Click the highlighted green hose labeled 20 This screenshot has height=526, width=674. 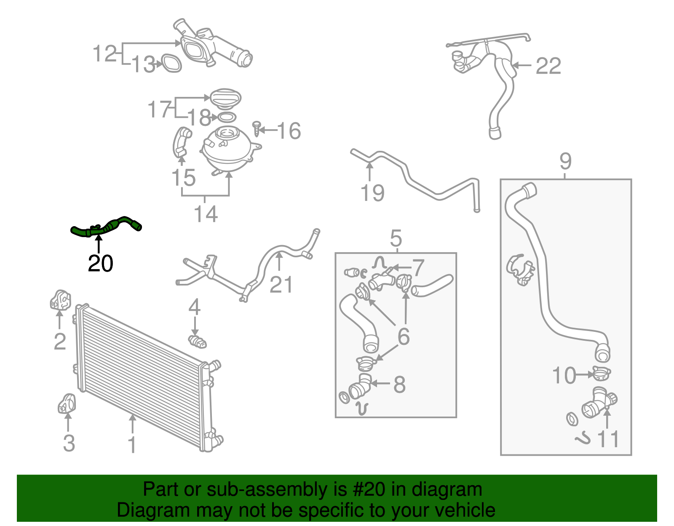105,227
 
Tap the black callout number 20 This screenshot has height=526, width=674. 100,264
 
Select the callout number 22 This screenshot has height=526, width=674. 548,66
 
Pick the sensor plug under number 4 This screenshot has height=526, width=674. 197,341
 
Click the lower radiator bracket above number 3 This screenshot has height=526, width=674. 67,403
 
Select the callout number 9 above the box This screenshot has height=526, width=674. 565,161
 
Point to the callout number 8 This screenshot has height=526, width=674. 399,384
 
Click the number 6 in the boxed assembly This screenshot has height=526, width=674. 404,336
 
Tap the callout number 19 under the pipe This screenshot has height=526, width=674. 372,193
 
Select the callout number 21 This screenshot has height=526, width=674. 281,285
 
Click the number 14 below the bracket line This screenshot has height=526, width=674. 206,214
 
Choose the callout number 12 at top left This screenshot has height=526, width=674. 104,54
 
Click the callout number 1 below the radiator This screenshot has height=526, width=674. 132,445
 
